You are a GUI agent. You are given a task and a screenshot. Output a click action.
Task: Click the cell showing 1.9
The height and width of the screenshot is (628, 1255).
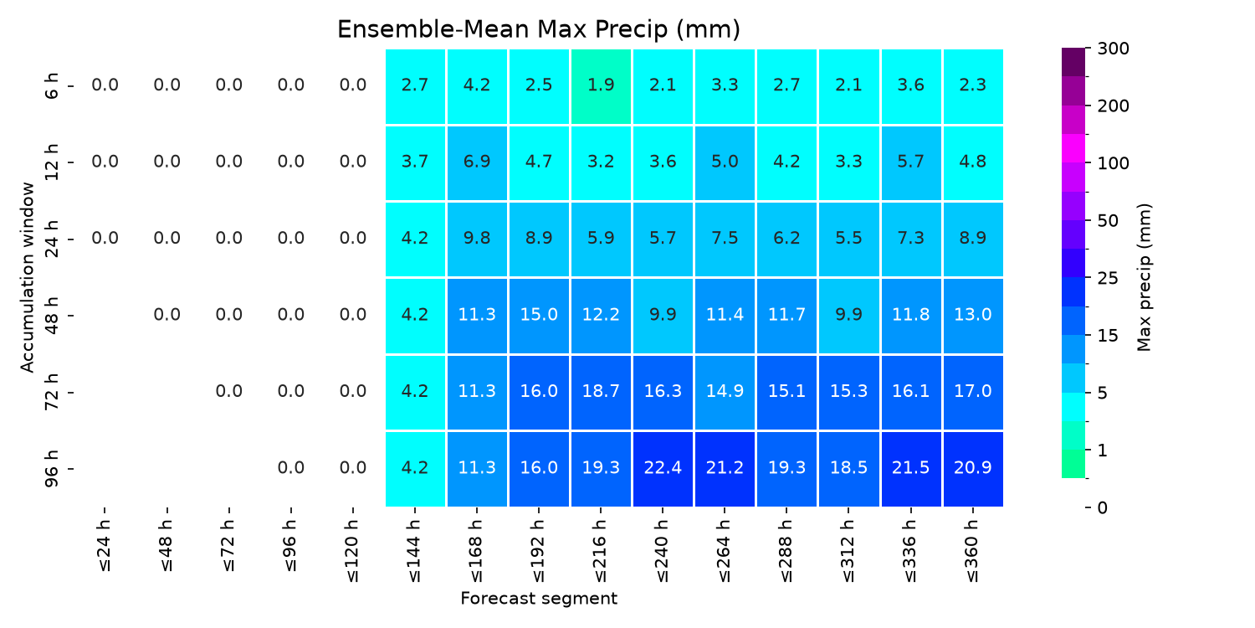[x=601, y=86]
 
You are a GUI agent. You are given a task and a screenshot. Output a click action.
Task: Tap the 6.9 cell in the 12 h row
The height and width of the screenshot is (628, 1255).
[x=477, y=162]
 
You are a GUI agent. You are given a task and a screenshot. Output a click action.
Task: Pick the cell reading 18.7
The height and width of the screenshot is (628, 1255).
[x=601, y=392]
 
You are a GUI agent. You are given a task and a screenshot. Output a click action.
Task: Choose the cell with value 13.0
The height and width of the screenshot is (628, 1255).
[x=973, y=316]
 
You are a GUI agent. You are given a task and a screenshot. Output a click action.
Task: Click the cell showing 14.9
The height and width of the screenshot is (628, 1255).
[x=725, y=392]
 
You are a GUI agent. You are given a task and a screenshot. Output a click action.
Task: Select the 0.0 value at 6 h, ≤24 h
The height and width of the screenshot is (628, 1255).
[x=105, y=85]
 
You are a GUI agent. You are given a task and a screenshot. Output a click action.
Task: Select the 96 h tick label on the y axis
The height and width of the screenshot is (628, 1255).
[x=52, y=469]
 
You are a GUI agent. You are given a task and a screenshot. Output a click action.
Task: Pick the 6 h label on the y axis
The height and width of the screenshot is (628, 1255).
[x=52, y=86]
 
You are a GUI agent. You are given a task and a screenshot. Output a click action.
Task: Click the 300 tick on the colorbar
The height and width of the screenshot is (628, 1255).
[x=1114, y=49]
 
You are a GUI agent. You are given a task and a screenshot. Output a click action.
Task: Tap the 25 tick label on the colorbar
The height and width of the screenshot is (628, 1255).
[x=1108, y=278]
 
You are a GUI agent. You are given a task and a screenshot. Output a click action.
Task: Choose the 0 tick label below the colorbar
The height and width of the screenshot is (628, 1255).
[x=1103, y=508]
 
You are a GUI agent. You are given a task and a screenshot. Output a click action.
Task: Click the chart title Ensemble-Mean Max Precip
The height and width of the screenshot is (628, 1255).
[x=539, y=29]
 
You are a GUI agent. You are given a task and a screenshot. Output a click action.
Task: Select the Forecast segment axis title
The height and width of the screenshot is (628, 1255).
[x=539, y=599]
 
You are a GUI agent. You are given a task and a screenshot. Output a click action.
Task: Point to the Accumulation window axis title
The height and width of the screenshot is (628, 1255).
[x=28, y=277]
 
